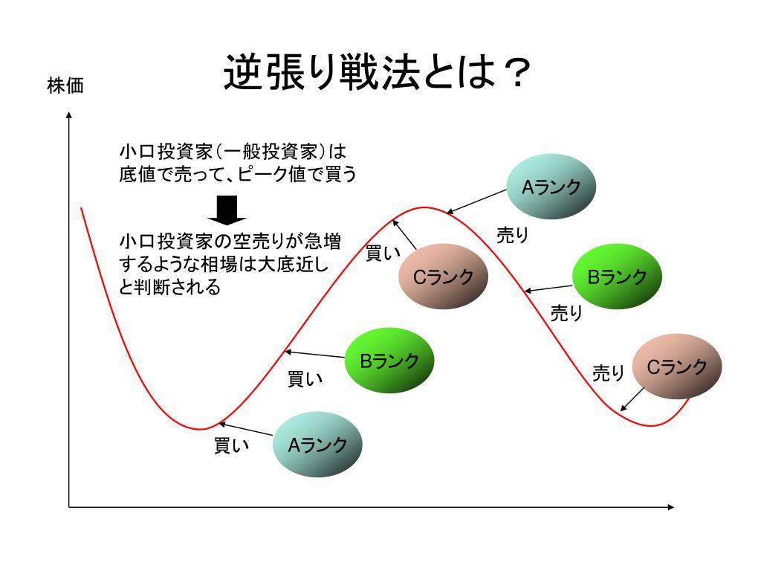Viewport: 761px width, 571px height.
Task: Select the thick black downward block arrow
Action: point(226,210)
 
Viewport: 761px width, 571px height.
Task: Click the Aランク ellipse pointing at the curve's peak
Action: point(551,187)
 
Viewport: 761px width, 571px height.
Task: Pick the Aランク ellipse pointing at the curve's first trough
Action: point(318,445)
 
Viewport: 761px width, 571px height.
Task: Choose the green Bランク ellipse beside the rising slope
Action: point(389,361)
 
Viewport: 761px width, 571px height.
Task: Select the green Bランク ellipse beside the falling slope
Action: point(618,277)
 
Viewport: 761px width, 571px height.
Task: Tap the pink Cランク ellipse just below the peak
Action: point(444,277)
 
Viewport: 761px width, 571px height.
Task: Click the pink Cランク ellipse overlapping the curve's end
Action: point(677,367)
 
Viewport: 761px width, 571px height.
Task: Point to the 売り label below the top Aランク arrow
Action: point(512,236)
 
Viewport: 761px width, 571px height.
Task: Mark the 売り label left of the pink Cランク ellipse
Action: point(608,372)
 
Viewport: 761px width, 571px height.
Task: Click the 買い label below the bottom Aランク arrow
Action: point(231,446)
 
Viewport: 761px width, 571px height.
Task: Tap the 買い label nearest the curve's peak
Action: point(383,254)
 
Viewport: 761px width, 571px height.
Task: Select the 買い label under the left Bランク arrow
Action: point(305,379)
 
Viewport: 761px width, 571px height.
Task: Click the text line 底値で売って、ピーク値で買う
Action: point(238,175)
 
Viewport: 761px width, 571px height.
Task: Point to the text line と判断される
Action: point(170,287)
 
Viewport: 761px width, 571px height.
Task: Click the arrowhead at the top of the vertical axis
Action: point(69,116)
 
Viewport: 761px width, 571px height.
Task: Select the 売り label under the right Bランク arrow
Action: point(566,313)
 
